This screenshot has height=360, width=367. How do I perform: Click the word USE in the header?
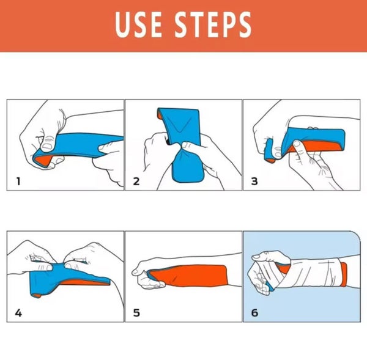click(138, 24)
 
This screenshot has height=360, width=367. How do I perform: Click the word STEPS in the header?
click(213, 24)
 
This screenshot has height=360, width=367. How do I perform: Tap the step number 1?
click(18, 181)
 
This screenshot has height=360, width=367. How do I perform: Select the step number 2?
click(136, 182)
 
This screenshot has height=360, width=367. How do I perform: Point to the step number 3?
click(254, 182)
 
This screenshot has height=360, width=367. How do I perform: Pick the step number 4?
click(18, 313)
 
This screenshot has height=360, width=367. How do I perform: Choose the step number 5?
click(136, 313)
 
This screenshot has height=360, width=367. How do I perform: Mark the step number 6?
click(254, 313)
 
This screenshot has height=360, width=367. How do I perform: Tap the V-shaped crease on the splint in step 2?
click(180, 127)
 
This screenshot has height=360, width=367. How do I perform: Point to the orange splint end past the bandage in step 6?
click(344, 274)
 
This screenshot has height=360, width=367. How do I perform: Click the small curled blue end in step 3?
click(269, 150)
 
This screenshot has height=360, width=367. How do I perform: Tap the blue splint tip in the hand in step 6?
click(270, 287)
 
